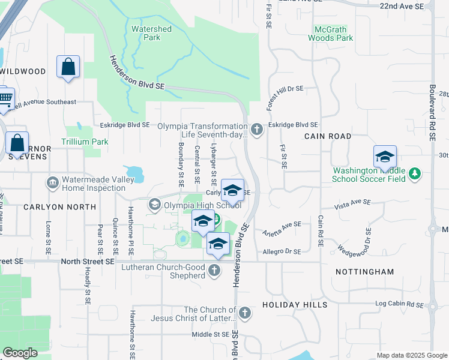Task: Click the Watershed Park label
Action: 151,33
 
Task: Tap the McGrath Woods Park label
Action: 330,34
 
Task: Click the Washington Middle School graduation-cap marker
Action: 384,157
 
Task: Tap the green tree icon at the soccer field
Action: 414,174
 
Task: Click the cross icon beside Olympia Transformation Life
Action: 257,130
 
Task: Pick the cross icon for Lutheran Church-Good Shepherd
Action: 214,271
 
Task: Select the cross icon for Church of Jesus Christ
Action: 244,313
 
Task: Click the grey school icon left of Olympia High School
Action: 155,206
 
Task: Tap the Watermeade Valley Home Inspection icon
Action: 52,182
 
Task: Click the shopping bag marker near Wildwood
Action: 68,67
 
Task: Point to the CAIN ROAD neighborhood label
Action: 327,136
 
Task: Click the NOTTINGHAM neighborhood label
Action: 366,272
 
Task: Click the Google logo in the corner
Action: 20,353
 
